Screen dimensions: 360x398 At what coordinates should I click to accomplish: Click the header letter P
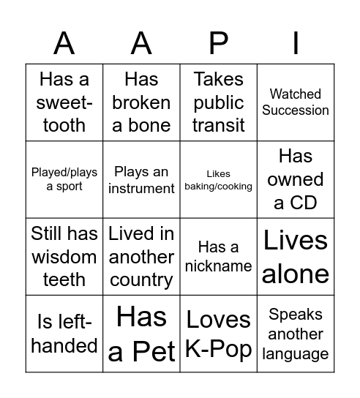(x=218, y=44)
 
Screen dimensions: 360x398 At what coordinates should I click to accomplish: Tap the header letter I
(x=296, y=44)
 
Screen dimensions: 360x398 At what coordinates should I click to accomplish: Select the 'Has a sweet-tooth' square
(x=64, y=102)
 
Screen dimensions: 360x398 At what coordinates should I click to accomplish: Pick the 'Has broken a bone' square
(x=141, y=102)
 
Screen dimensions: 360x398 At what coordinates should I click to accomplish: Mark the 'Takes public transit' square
(x=218, y=102)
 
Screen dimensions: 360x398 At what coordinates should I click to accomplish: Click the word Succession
(x=296, y=110)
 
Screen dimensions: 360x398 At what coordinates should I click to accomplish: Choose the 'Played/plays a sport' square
(x=64, y=179)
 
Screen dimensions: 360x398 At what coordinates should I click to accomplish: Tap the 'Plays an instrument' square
(x=141, y=179)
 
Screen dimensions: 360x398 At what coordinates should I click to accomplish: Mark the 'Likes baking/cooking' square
(x=218, y=179)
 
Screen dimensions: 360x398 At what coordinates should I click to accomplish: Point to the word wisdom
(x=64, y=257)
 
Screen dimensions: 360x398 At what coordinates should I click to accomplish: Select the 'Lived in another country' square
(x=141, y=257)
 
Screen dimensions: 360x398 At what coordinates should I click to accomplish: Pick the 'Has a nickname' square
(x=218, y=257)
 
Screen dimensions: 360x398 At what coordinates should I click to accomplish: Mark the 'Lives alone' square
(x=296, y=257)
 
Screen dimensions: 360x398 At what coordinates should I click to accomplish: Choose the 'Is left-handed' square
(x=64, y=334)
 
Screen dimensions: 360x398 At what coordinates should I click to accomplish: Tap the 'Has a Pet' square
(x=141, y=334)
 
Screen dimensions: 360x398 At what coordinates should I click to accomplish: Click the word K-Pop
(x=218, y=349)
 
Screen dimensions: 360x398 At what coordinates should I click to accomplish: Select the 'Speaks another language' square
(x=296, y=334)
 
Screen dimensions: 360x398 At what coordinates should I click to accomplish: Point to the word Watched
(x=296, y=94)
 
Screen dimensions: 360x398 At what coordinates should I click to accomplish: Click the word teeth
(x=64, y=279)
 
